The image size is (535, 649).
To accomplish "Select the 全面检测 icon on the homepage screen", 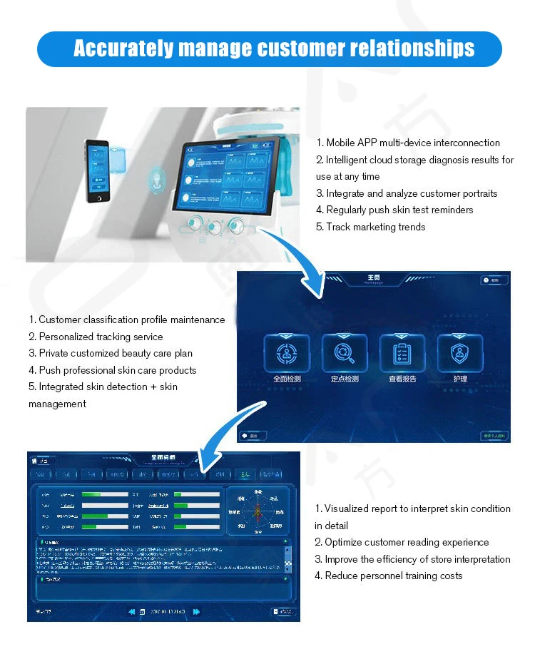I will [x=287, y=353].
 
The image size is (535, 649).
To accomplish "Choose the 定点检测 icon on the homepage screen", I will [x=345, y=353].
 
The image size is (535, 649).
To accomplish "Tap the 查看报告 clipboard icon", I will [x=402, y=353].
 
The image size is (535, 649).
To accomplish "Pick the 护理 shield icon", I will [x=460, y=353].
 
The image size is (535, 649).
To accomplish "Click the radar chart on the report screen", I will [x=258, y=511].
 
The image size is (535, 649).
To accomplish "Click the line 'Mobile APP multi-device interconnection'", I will [x=407, y=143].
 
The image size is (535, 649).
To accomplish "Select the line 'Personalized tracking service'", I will [x=96, y=337].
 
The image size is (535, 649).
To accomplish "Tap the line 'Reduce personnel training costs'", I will [x=388, y=576].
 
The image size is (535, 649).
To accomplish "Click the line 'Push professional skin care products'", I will [x=112, y=370].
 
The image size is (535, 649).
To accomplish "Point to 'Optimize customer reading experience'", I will [x=402, y=542].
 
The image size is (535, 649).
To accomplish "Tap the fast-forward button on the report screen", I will [x=196, y=611].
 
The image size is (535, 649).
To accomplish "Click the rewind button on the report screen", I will [x=132, y=611].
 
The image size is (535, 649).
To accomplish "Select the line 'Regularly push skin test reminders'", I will [x=394, y=210].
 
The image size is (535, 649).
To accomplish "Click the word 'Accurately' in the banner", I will [x=123, y=48].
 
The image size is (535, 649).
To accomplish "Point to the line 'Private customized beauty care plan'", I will [x=110, y=353].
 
